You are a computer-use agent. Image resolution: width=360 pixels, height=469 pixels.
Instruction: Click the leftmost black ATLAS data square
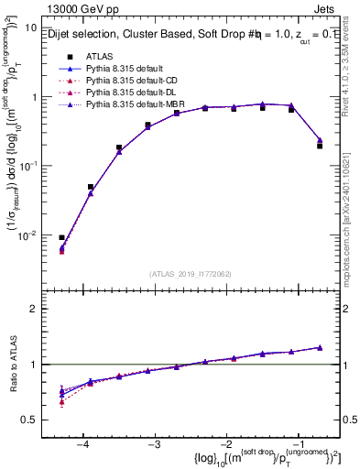pyautogui.click(x=62, y=237)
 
